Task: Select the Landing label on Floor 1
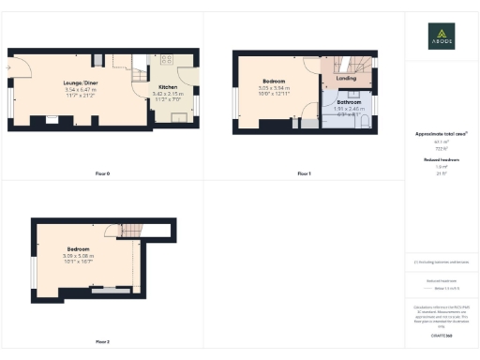tap(346, 79)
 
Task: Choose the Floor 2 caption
tap(102, 341)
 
